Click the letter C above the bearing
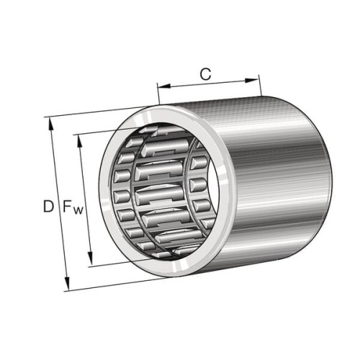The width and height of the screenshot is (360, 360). tap(205, 74)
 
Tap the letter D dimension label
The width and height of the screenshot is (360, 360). tap(48, 207)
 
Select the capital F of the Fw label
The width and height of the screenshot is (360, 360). tap(68, 207)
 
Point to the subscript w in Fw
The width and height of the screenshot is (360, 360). tap(78, 211)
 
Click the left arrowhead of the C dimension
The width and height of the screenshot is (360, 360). tap(164, 86)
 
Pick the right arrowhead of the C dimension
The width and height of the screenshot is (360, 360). tap(251, 81)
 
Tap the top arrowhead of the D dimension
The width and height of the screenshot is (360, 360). tap(51, 124)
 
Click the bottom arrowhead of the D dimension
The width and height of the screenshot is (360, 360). tap(67, 284)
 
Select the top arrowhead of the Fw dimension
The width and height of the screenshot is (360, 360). tap(79, 141)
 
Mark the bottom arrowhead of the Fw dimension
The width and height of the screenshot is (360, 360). tap(90, 258)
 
